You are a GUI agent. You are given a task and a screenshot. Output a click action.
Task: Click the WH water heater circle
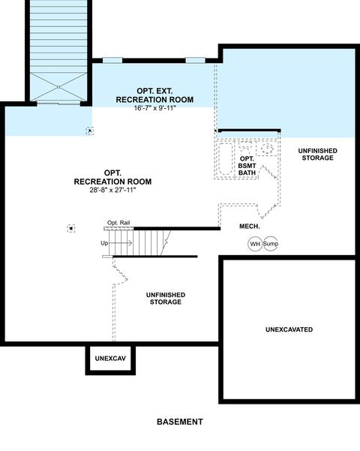click(255, 244)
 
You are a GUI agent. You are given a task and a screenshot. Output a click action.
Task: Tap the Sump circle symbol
click(271, 244)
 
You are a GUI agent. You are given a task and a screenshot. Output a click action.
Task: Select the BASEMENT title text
click(180, 422)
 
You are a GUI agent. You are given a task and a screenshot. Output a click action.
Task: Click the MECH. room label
click(250, 227)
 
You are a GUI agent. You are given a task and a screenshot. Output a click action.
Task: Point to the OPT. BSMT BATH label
click(247, 166)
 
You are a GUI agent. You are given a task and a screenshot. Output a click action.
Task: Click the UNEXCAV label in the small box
click(110, 359)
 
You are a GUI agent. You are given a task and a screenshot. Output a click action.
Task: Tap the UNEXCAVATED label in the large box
click(289, 329)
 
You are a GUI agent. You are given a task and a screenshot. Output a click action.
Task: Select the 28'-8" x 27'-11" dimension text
click(112, 190)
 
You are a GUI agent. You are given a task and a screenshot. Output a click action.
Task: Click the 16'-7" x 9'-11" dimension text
click(154, 108)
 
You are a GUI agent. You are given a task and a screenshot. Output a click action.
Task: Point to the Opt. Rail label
click(118, 223)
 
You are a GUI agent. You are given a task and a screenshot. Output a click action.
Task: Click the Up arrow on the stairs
click(120, 243)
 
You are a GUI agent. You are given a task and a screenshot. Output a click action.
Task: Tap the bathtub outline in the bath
click(226, 159)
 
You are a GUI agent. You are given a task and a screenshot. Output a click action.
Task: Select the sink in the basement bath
click(267, 149)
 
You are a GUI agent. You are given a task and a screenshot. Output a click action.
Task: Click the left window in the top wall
click(112, 60)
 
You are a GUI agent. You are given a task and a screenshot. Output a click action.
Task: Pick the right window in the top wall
click(195, 60)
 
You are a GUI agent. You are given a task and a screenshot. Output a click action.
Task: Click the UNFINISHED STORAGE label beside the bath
click(318, 154)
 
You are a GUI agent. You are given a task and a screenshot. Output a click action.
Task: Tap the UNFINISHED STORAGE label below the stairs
click(166, 298)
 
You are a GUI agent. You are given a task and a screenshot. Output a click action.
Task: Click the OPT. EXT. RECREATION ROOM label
click(154, 95)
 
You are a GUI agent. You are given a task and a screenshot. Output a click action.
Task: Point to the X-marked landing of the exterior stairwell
click(58, 87)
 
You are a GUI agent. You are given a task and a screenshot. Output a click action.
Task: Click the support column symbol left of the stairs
click(71, 229)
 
